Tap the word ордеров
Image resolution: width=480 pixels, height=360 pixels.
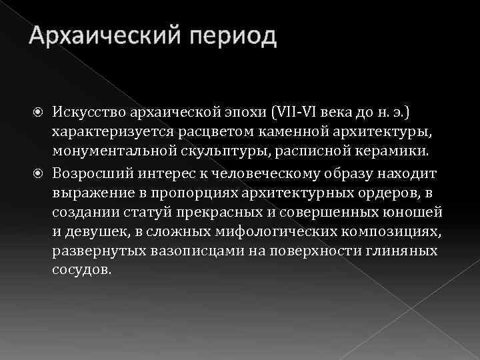(x=389, y=195)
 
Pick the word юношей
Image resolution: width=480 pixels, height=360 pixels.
(x=417, y=216)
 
